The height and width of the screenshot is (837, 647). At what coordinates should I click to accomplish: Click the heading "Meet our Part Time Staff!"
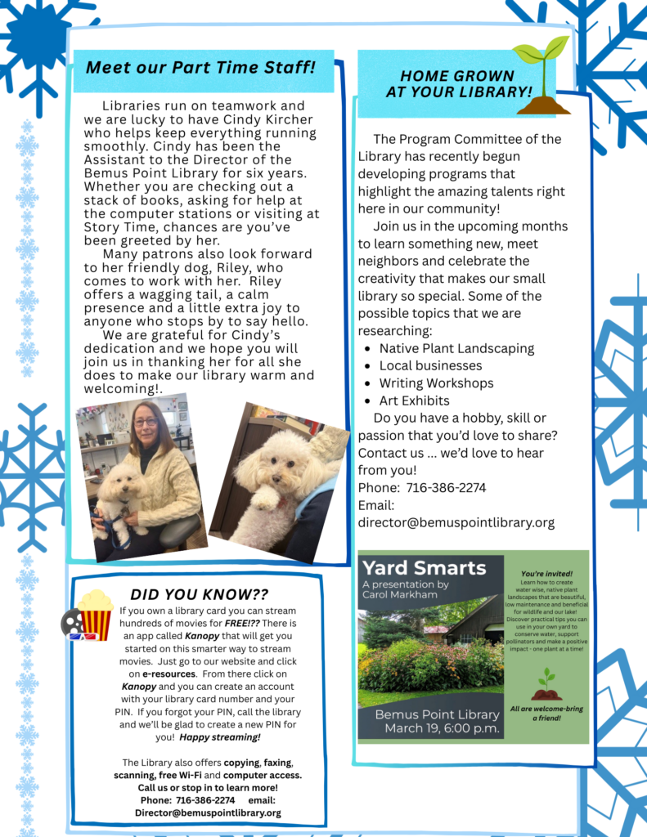(x=200, y=67)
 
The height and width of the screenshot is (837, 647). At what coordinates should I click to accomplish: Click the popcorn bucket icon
(x=95, y=614)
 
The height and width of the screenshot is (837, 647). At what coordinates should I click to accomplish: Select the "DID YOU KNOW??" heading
(x=199, y=594)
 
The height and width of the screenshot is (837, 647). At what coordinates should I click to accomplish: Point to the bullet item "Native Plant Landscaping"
(x=456, y=348)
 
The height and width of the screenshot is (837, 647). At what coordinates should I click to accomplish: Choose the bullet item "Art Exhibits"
(x=414, y=401)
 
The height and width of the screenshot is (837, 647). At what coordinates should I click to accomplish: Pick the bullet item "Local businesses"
(x=430, y=365)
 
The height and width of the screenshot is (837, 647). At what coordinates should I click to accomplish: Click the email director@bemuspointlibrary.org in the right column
(x=456, y=522)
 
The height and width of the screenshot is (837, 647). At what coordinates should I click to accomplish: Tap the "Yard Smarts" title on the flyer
(x=424, y=568)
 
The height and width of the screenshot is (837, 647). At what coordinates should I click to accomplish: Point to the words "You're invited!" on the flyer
(x=546, y=574)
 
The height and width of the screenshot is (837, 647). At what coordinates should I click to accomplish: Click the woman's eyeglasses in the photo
(x=146, y=422)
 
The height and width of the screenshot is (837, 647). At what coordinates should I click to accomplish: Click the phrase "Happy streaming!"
(x=220, y=737)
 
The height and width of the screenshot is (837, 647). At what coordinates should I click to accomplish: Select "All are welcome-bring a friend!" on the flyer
(x=546, y=713)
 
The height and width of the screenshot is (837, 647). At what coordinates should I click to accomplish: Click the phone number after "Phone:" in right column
(x=446, y=488)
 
